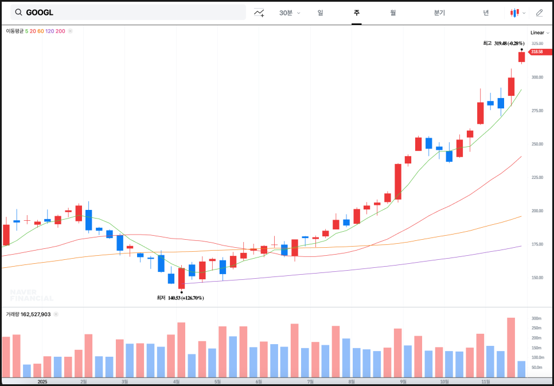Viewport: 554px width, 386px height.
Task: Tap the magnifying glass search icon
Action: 19,12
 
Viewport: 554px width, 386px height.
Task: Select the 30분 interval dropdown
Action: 289,13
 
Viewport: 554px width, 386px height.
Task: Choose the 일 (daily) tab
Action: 320,13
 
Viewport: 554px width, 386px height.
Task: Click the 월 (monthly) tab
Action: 393,13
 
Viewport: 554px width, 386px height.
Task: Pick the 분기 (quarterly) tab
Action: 439,13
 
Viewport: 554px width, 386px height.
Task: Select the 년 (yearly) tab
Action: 486,13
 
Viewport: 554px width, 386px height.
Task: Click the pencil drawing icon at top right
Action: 539,13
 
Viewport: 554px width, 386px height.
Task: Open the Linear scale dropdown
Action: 540,33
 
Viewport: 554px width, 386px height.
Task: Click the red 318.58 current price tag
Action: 536,52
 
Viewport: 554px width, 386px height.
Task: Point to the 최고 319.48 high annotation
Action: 504,43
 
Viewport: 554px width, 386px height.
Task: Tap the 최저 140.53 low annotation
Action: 180,298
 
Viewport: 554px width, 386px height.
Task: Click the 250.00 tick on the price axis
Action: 537,144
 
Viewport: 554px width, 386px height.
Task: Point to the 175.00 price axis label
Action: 537,244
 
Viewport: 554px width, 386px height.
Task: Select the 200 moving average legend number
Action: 60,30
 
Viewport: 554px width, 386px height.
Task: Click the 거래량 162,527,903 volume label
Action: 28,314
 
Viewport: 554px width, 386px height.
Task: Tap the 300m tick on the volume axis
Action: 537,318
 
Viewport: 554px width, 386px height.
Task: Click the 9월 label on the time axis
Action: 403,381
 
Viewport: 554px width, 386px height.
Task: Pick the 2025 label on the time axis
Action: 42,381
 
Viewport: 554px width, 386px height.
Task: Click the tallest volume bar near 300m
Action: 510,348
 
